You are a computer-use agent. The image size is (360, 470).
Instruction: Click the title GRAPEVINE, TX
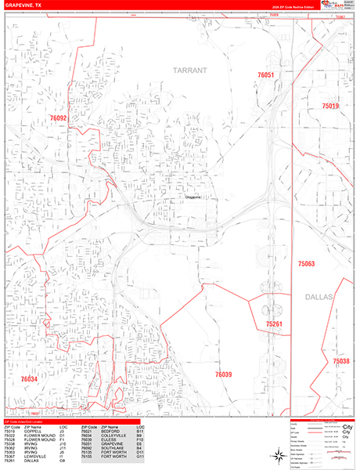[23, 5]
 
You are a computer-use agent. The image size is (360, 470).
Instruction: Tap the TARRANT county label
[191, 70]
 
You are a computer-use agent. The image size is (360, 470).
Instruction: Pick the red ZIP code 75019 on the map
[330, 106]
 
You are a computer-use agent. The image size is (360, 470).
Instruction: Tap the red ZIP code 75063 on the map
[306, 265]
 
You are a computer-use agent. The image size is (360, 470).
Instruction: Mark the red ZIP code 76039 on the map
[224, 375]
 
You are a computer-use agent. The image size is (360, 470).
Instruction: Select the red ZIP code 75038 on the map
[340, 360]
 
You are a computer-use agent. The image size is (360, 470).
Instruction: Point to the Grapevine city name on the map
[193, 197]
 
